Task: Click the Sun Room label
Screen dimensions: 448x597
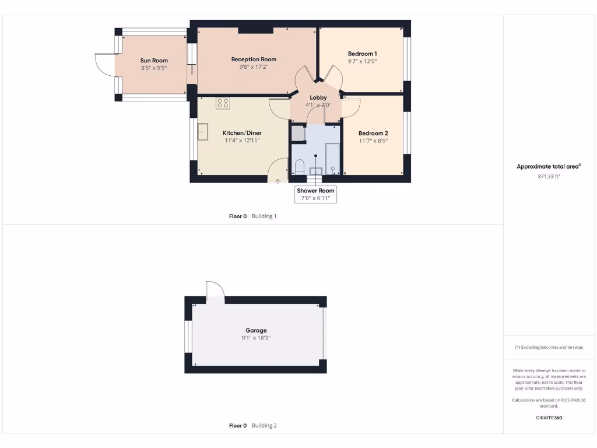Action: tap(154, 60)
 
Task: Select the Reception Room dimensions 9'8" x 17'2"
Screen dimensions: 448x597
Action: tap(254, 67)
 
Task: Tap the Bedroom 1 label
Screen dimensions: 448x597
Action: tap(362, 54)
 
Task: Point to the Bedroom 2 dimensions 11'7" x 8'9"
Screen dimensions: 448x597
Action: tap(373, 141)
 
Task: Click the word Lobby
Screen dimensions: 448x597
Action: tap(318, 97)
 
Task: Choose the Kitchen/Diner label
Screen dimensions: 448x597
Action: tap(241, 133)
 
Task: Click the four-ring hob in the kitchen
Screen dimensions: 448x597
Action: tap(223, 103)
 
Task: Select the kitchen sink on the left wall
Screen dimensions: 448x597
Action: tap(203, 132)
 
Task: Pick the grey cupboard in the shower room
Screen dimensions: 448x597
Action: tap(298, 134)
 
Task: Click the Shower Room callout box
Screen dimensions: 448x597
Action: tap(315, 195)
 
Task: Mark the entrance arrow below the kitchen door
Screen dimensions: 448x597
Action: tap(278, 181)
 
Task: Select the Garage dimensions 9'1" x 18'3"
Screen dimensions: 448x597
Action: tap(256, 338)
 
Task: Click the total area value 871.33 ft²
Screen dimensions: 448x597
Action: tap(549, 176)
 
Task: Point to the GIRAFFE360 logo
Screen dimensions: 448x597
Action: tap(549, 418)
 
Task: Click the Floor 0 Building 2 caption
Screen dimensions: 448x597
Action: tap(252, 426)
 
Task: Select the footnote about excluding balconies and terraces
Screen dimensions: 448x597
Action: tap(549, 347)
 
